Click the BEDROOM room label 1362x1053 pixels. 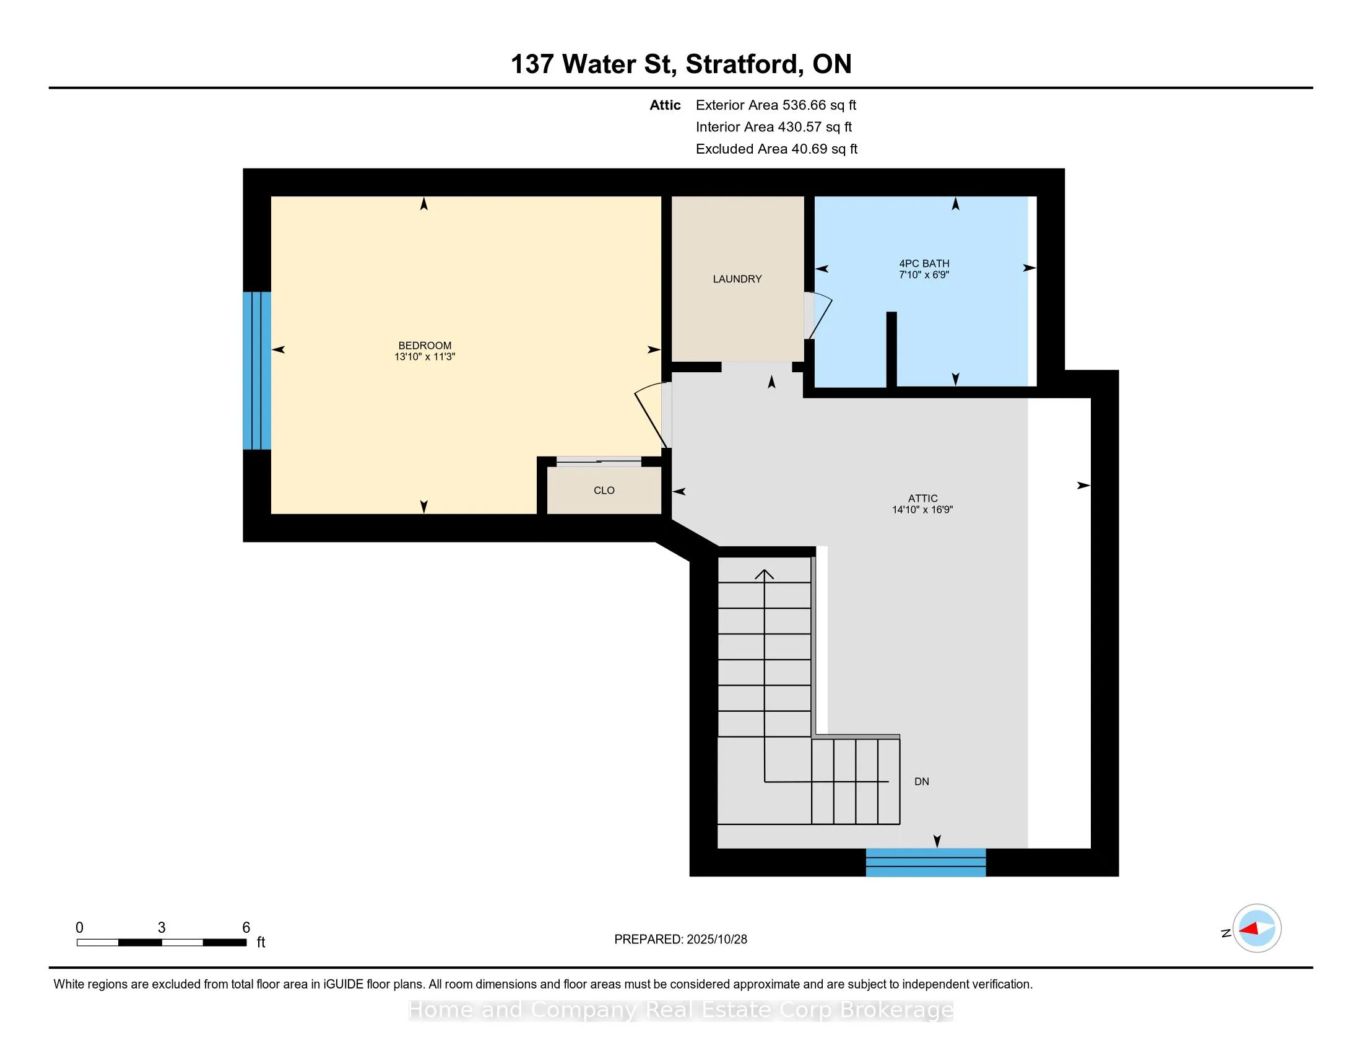coord(425,346)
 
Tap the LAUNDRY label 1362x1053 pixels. coord(737,279)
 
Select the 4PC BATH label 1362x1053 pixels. coord(924,264)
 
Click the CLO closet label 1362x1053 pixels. coord(604,491)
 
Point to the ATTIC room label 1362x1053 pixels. coord(922,499)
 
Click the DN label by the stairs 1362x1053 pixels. coord(921,782)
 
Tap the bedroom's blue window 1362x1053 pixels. coord(257,370)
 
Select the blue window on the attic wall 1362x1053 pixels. coord(926,862)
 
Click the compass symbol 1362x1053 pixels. coord(1257,928)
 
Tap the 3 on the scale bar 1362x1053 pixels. coord(162,928)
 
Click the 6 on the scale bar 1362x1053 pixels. coord(246,928)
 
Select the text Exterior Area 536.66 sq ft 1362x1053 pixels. coord(776,105)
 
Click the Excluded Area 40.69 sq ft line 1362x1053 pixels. coord(776,149)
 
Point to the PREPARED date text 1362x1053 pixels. coord(680,940)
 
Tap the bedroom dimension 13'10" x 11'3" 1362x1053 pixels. coord(425,357)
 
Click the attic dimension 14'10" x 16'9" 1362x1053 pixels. coord(922,510)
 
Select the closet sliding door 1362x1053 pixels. coord(599,461)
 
